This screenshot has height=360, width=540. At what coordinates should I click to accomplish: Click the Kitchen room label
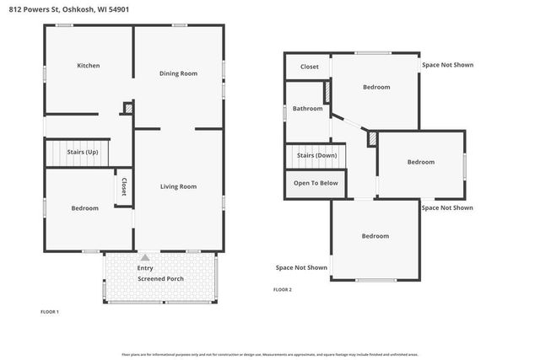click(89, 66)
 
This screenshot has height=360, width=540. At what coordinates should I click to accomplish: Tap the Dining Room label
click(178, 73)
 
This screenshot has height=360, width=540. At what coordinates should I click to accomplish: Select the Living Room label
click(178, 186)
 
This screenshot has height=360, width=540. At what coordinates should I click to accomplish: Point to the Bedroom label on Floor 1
click(84, 208)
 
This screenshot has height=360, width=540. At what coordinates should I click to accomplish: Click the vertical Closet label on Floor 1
click(124, 186)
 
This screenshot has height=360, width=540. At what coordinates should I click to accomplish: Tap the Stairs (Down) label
click(316, 155)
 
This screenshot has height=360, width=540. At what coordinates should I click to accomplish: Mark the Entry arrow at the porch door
click(145, 258)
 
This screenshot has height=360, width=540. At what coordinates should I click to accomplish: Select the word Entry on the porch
click(145, 268)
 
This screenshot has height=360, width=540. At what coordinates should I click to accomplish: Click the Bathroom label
click(308, 108)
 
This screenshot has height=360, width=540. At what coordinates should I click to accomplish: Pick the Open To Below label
click(316, 183)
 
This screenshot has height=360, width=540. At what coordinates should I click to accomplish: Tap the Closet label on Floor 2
click(310, 67)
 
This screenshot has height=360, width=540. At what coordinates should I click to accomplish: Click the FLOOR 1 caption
click(50, 312)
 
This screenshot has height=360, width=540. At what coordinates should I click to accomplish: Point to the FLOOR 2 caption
click(283, 289)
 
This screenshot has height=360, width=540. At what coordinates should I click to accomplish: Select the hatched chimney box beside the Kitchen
click(128, 108)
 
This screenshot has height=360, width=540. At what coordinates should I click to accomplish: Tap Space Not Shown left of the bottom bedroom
click(301, 267)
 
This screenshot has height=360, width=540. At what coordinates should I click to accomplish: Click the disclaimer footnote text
click(270, 354)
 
